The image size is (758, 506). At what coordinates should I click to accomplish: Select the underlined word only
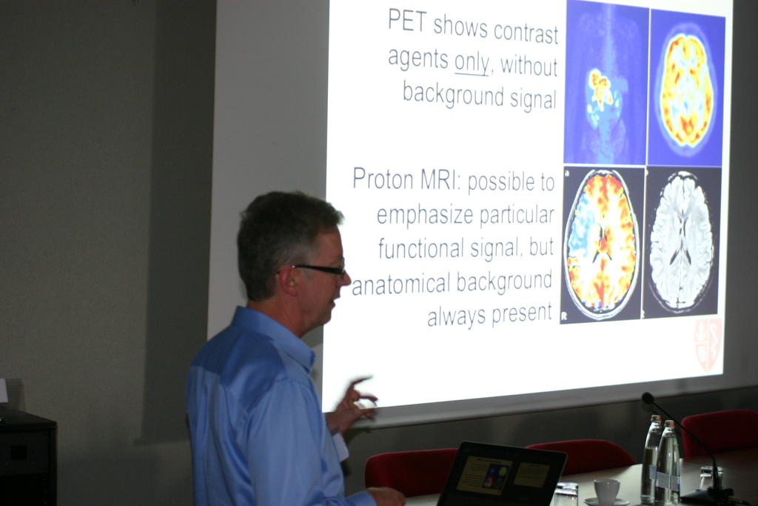click(x=472, y=62)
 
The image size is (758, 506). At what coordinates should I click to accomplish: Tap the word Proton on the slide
click(x=383, y=179)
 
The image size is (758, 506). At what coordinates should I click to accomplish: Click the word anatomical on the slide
click(x=400, y=284)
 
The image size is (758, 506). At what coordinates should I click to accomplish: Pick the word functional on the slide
click(x=420, y=249)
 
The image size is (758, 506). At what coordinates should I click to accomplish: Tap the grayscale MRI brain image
click(x=682, y=242)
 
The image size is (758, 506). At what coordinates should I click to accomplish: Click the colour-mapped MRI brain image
click(x=602, y=244)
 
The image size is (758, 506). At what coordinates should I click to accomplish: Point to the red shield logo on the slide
click(x=708, y=344)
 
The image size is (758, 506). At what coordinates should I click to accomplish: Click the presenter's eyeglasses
click(x=320, y=269)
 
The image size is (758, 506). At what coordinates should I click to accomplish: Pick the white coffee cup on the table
click(x=607, y=491)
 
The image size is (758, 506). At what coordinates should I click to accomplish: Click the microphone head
click(x=648, y=398)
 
